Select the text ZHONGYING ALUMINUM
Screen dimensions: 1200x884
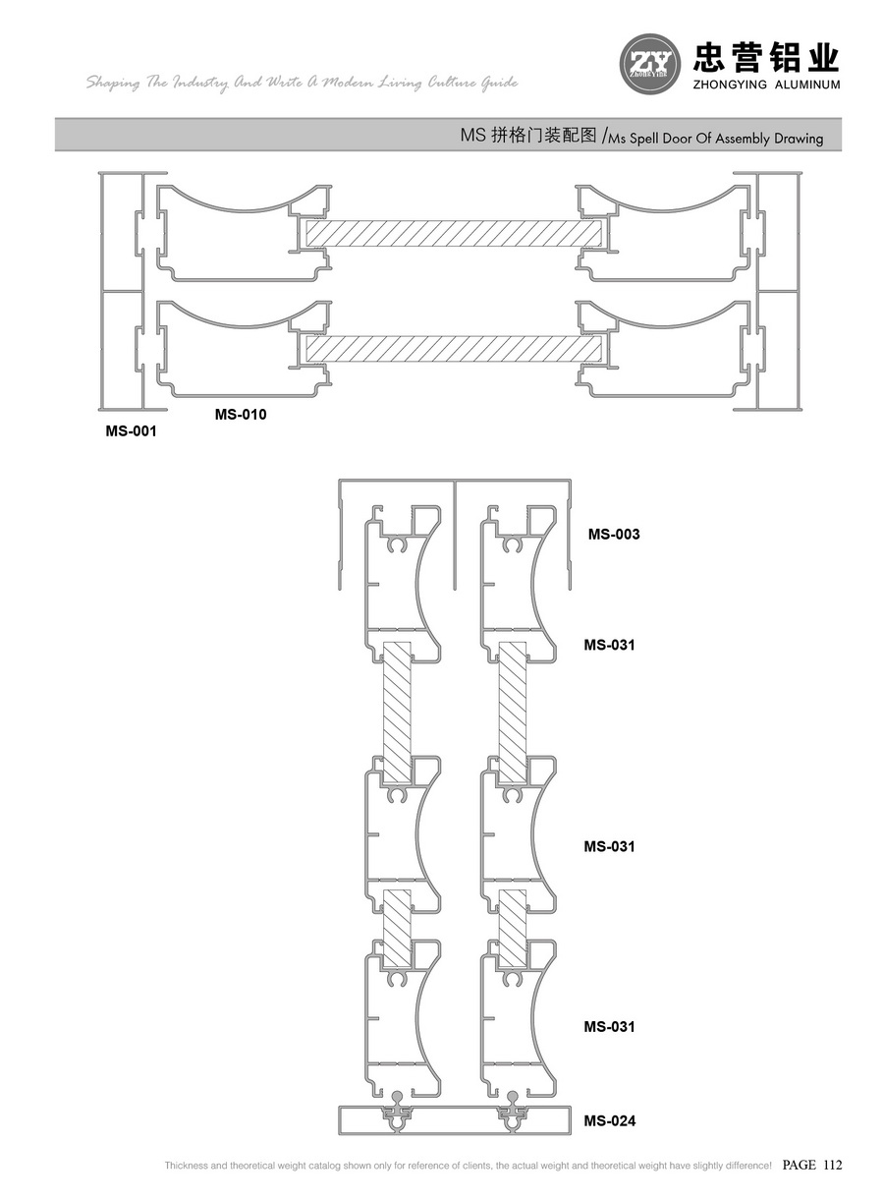767,86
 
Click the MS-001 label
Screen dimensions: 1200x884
131,430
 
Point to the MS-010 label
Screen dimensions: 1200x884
241,415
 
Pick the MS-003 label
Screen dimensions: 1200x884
614,535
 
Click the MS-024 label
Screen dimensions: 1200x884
610,1120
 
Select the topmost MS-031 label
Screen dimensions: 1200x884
610,645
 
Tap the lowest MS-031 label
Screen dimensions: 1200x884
610,1026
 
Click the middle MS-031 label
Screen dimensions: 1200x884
610,846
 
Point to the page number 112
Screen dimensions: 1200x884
833,1166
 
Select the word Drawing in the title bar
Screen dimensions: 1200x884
796,139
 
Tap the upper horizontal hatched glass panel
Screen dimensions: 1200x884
455,233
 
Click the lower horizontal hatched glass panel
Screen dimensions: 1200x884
455,349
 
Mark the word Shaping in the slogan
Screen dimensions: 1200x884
114,84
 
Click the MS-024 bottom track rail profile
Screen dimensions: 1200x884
454,1119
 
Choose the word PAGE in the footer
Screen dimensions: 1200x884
800,1166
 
